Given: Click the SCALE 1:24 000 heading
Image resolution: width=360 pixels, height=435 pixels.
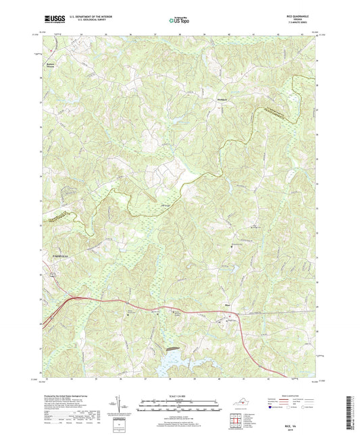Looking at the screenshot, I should coord(180,396).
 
